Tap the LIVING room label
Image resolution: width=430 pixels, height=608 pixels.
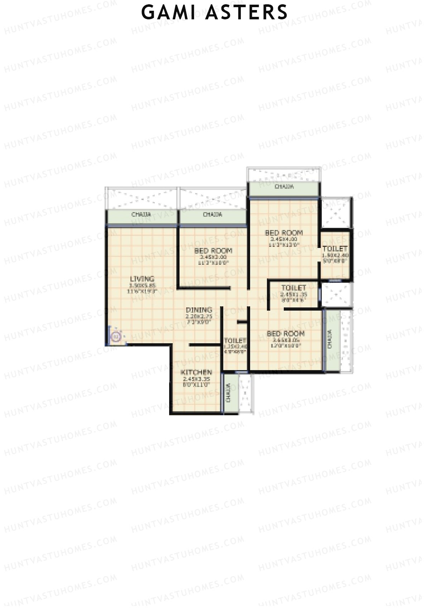pos(142,279)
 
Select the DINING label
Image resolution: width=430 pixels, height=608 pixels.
pos(199,310)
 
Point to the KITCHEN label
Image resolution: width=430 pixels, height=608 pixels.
pos(196,372)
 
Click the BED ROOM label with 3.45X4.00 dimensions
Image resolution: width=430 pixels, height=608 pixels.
pos(284,233)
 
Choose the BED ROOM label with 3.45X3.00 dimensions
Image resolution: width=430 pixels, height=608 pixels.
pos(213,250)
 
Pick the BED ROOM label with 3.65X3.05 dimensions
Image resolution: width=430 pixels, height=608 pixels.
pos(286,334)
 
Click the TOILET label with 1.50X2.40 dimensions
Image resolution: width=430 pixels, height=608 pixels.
pos(335,249)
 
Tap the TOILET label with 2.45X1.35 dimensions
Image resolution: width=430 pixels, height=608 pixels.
pos(294,288)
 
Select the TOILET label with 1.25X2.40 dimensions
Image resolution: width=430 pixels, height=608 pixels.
pos(235,341)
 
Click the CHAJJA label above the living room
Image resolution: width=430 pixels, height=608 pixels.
pos(141,215)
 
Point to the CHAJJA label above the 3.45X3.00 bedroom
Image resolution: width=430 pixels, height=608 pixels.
pos(212,215)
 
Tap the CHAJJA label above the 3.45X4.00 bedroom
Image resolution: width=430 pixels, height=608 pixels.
pos(284,187)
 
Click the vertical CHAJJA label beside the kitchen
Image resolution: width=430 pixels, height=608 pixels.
pos(229,393)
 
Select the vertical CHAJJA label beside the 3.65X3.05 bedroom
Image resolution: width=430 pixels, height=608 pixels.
pos(330,339)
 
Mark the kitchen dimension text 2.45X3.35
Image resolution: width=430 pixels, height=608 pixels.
pos(196,379)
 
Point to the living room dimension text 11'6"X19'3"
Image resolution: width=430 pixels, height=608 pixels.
pos(142,291)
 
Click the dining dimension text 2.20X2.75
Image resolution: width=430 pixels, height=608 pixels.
pos(199,316)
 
